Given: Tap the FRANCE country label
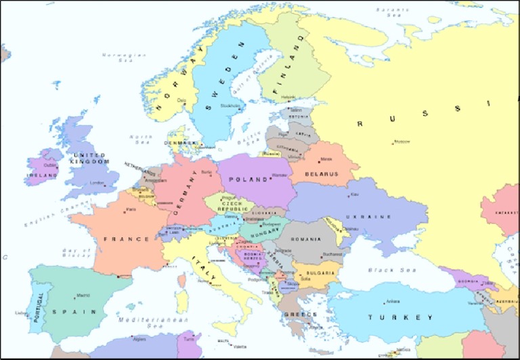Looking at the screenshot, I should (x=127, y=239).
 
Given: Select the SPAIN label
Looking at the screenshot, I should (x=76, y=311).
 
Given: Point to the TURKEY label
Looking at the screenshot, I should (x=400, y=317).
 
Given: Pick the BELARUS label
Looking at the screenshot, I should (x=321, y=174).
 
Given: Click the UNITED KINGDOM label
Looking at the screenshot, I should (x=90, y=158).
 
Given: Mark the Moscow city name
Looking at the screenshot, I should (x=402, y=142).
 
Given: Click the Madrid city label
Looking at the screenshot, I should (x=83, y=296).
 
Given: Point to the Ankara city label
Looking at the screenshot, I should (x=393, y=301).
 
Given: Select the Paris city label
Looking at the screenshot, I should (x=131, y=209).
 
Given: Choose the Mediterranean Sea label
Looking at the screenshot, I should (x=144, y=321).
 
